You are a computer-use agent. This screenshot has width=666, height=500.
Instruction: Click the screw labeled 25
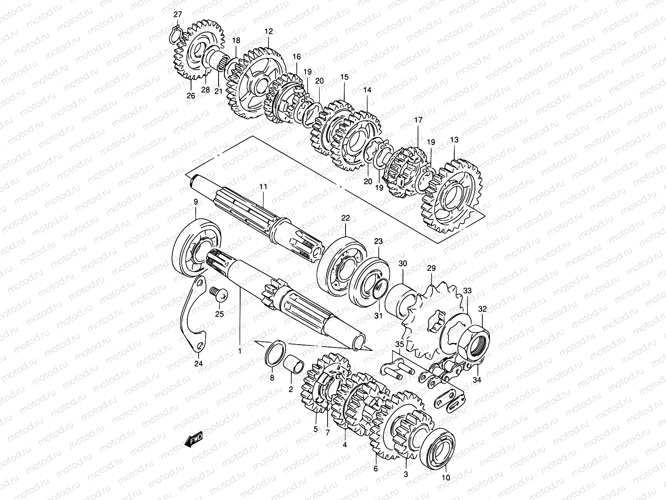point(219,295)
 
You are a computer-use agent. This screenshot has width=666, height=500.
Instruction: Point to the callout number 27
point(178,15)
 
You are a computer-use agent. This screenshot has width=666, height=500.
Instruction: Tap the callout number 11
point(263,187)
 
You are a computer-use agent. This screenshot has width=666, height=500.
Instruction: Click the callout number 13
point(454,140)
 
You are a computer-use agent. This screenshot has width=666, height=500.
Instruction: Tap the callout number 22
point(346,218)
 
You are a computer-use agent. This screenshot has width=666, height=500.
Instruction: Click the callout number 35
point(400,344)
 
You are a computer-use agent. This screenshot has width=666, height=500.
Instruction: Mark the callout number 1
point(240,351)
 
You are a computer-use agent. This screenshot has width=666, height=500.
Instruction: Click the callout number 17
point(418,120)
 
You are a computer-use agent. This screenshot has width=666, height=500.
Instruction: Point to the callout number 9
point(196,202)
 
